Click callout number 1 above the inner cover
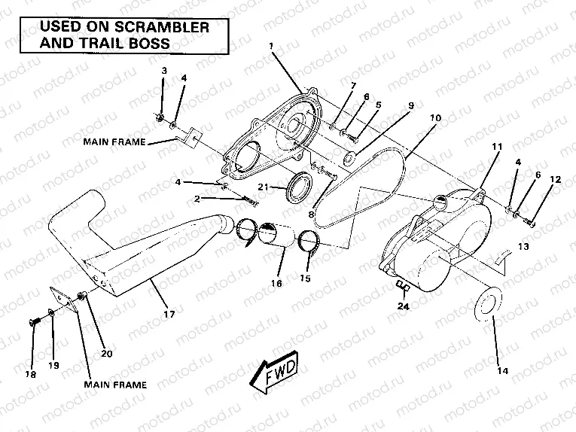click(270, 47)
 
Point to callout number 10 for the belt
click(435, 119)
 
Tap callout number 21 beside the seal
click(262, 187)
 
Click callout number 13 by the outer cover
click(522, 246)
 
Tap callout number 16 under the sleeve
click(276, 283)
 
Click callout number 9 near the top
click(411, 106)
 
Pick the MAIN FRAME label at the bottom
click(114, 384)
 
